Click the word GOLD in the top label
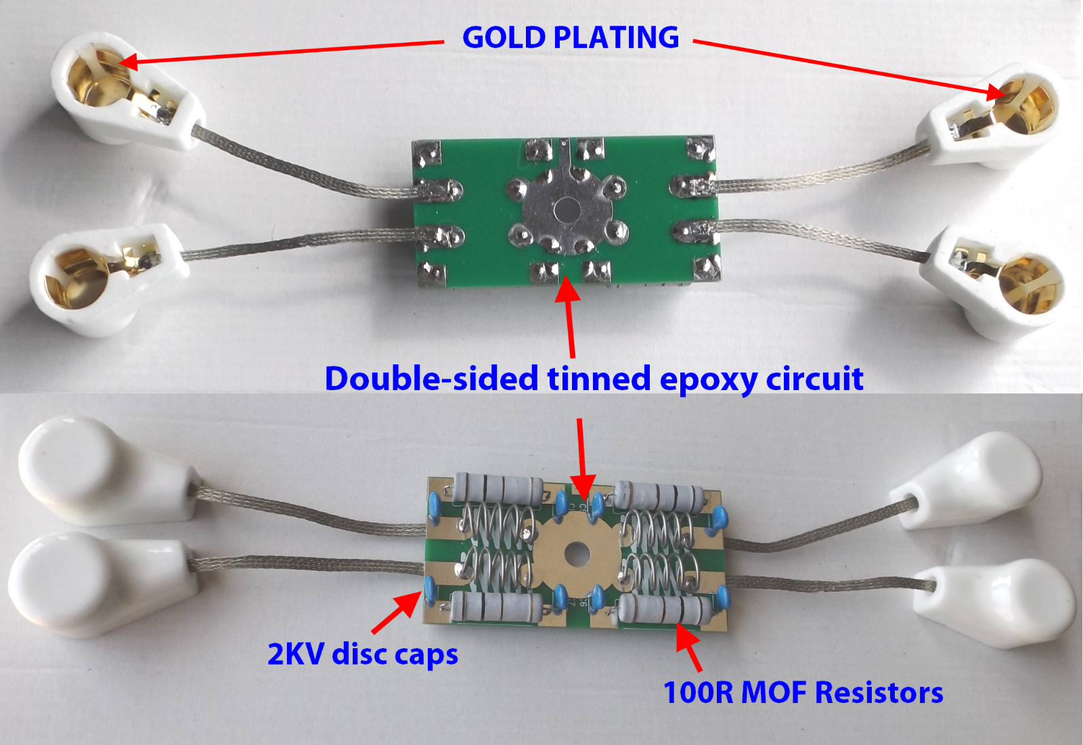[x=504, y=37]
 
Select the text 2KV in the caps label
[x=296, y=655]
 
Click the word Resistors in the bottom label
[x=879, y=692]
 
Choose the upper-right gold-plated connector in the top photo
[x=996, y=116]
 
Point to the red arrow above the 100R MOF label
[x=686, y=647]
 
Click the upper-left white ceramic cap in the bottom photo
[x=109, y=471]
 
